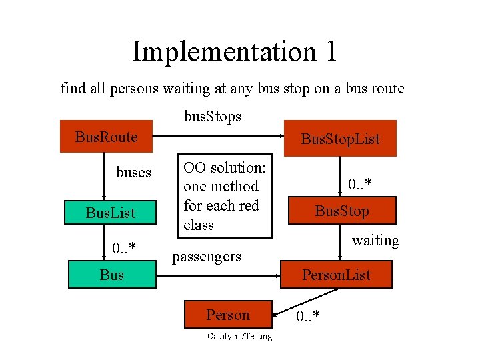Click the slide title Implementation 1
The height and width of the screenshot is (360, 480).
pos(234,51)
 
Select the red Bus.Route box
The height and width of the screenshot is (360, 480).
pos(107,137)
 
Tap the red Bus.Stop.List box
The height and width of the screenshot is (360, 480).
pos(339,139)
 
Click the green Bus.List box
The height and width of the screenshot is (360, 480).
pos(110,213)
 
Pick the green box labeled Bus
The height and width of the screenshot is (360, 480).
pos(112,274)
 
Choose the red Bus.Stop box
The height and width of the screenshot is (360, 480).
pos(341,211)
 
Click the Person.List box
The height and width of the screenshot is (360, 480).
pos(335,274)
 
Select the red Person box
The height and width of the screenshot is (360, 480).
pos(228,315)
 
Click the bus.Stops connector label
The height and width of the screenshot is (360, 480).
pos(213,116)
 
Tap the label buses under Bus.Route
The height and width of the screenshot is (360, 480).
pos(133,172)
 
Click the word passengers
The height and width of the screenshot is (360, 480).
pos(207,256)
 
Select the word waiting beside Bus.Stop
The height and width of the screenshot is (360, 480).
pos(375,240)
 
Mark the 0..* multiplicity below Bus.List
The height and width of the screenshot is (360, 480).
pos(124,249)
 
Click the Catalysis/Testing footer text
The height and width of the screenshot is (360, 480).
pos(239,337)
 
